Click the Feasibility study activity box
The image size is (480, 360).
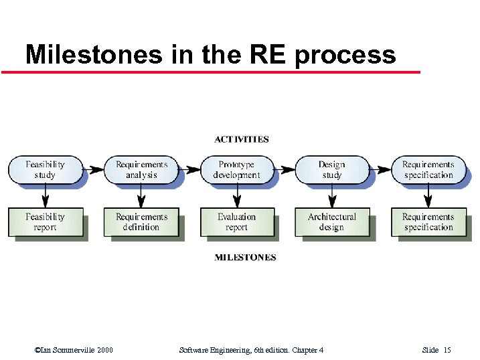click(45, 170)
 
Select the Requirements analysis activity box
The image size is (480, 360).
click(141, 170)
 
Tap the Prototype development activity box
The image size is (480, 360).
click(236, 170)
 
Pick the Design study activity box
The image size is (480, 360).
click(331, 170)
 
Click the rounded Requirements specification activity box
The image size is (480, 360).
click(428, 170)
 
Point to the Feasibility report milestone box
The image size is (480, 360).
click(45, 222)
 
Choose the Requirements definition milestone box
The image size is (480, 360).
click(141, 222)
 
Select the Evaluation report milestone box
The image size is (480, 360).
click(236, 222)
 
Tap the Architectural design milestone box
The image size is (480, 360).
click(331, 222)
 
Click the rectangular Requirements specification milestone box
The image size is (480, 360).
click(428, 222)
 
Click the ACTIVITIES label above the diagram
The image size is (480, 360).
click(242, 140)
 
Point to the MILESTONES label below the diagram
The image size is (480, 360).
click(245, 258)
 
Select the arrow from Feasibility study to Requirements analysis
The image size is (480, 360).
click(94, 169)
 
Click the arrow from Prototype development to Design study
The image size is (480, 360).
click(285, 169)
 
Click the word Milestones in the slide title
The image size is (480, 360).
click(94, 54)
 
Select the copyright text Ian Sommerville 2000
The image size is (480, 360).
click(74, 350)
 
